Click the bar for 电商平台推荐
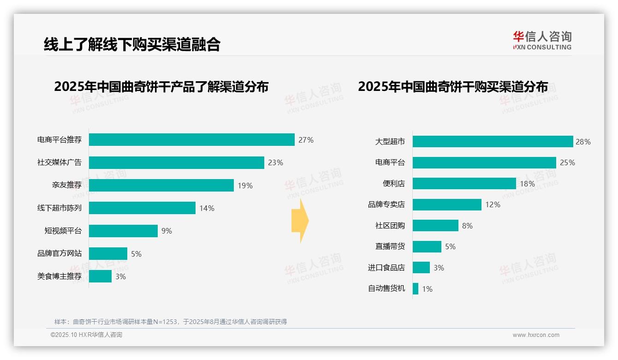coord(191,140)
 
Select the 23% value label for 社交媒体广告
coord(275,162)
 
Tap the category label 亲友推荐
coord(66,185)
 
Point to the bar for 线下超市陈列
coord(142,208)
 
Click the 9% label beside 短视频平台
coord(166,231)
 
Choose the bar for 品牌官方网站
coord(108,253)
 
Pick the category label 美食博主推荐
coord(59,276)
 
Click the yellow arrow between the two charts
coord(300,221)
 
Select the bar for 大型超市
coord(493,142)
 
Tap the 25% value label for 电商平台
coord(567,162)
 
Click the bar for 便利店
coord(464,184)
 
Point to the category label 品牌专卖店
coord(386,204)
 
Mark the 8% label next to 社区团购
coord(467,226)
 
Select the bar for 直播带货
coord(427,246)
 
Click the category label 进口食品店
coord(386,268)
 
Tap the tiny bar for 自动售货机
coord(416,289)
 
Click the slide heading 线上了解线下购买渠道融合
coord(132,44)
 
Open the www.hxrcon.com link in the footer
coord(535,335)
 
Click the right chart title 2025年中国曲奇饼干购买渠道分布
coord(453,87)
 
